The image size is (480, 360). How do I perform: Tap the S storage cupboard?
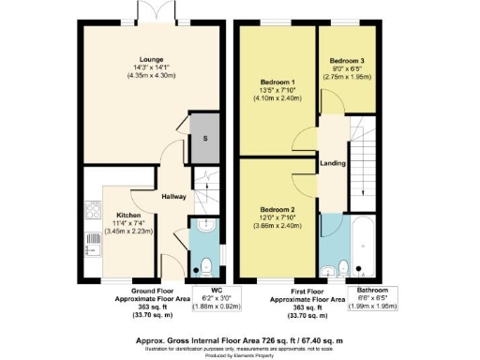coord(202,138)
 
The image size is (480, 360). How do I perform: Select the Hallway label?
coord(173,197)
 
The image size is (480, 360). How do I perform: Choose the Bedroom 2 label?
coord(277,209)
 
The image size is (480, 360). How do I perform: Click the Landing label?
coord(331,162)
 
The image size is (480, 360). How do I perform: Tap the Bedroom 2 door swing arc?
coord(307,181)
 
